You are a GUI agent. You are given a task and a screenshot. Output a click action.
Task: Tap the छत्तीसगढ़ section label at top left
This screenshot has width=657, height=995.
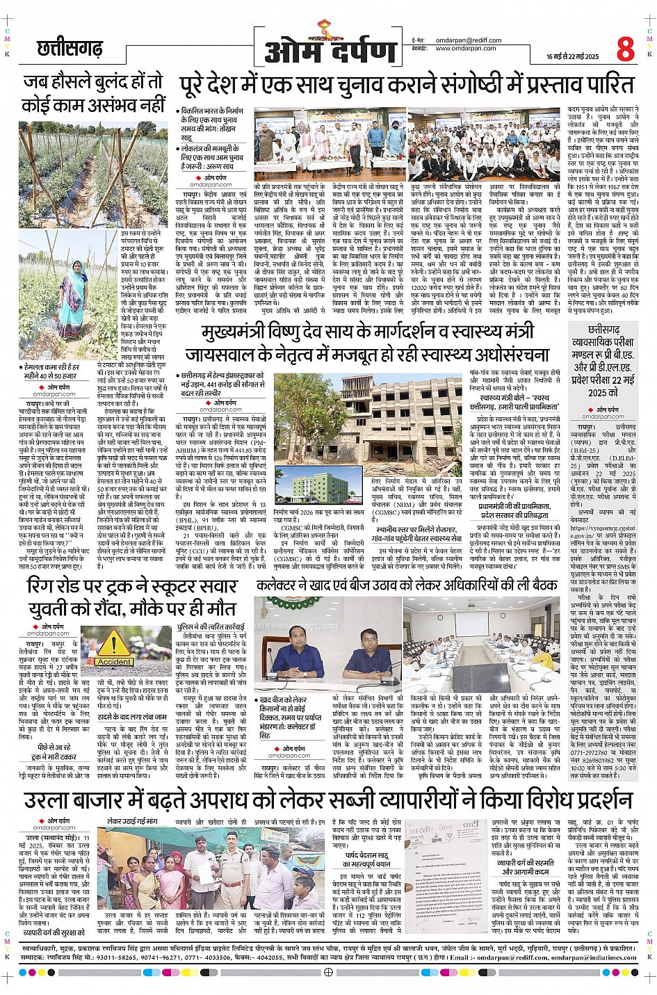69,49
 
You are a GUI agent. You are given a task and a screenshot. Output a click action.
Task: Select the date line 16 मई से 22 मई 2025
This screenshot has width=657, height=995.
572,56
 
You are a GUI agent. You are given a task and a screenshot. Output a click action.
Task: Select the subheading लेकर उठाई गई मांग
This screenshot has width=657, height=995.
132,821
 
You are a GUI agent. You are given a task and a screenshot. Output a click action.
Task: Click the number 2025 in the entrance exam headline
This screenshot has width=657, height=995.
598,392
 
